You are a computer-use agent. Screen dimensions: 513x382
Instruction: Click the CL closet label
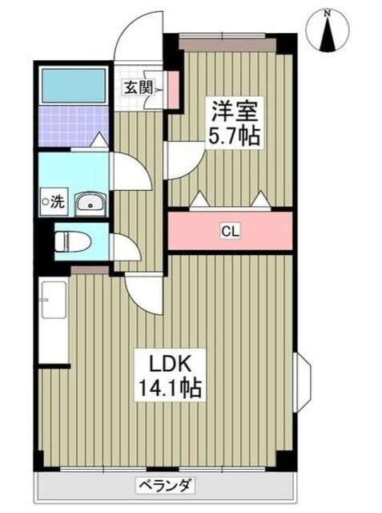tap(230, 232)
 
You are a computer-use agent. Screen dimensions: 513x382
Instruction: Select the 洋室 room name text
tap(231, 111)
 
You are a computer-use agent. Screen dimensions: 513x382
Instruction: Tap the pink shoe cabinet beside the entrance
tap(171, 89)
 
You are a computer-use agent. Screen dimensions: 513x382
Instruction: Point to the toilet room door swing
tap(126, 248)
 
